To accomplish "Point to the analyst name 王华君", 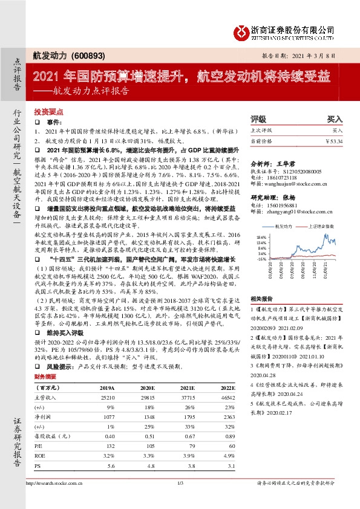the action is click(286, 163).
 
